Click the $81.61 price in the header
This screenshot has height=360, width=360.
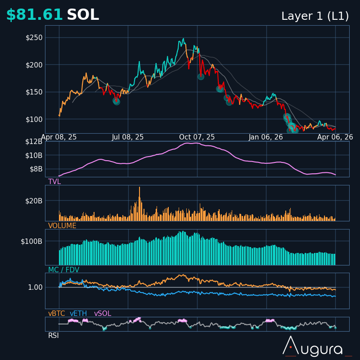pyautogui.click(x=34, y=15)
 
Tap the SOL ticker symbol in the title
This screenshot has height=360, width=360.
pyautogui.click(x=83, y=15)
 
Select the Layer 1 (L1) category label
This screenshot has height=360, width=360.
pyautogui.click(x=315, y=16)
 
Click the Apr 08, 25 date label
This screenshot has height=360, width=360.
pyautogui.click(x=59, y=137)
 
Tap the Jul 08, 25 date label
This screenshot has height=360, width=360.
pyautogui.click(x=128, y=137)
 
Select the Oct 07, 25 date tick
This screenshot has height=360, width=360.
pyautogui.click(x=197, y=137)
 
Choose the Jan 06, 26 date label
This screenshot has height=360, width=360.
pyautogui.click(x=266, y=137)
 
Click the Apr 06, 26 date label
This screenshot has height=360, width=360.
pyautogui.click(x=335, y=137)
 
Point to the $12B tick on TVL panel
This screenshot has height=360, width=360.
pyautogui.click(x=34, y=142)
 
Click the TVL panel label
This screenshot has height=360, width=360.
pyautogui.click(x=54, y=182)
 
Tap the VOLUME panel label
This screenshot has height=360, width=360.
pyautogui.click(x=62, y=226)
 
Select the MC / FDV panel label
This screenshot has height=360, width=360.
pyautogui.click(x=63, y=270)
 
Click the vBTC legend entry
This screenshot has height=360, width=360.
pyautogui.click(x=57, y=314)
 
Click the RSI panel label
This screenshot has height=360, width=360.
pyautogui.click(x=54, y=336)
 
